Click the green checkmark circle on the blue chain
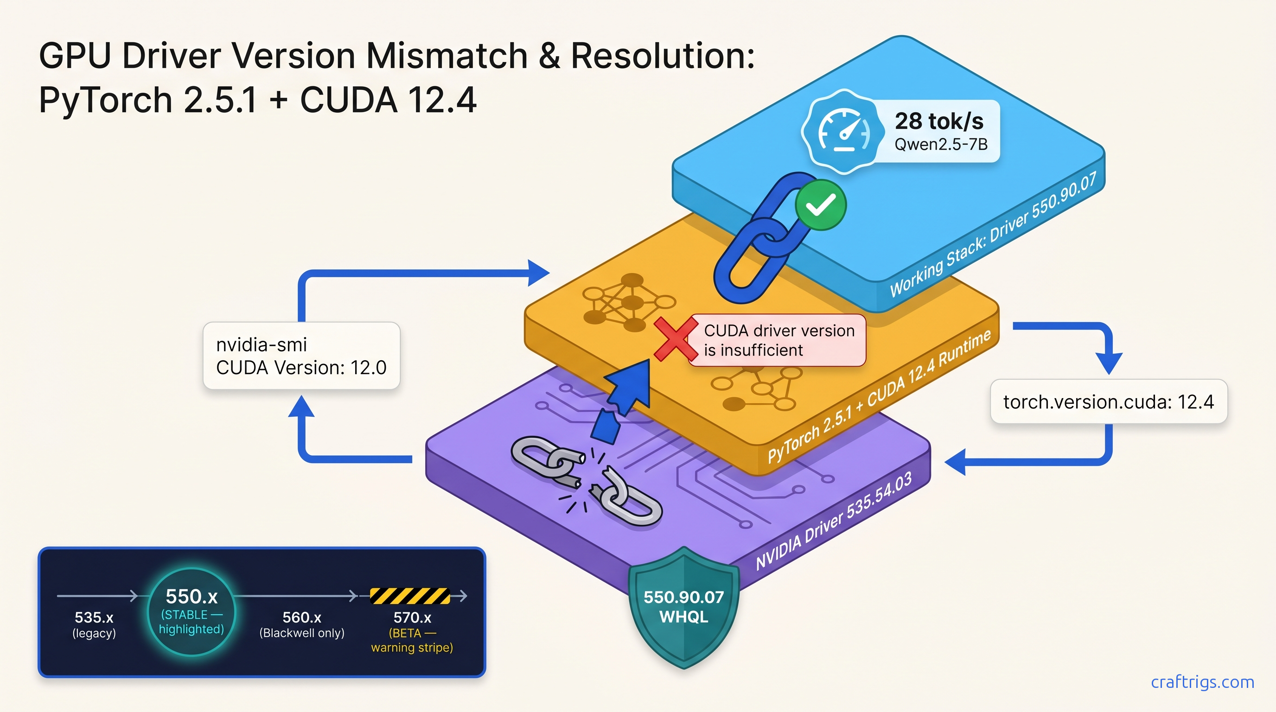pos(820,205)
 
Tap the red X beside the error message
pos(675,339)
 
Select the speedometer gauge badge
pos(843,132)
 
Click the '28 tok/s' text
pos(938,121)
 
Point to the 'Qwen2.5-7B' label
pos(941,145)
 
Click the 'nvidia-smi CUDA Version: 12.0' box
pos(301,356)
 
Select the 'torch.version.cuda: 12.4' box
pos(1108,401)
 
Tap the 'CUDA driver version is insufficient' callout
pos(778,340)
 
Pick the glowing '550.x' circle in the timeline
pos(191,611)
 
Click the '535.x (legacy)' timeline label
pos(94,624)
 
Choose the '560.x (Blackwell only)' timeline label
pos(302,624)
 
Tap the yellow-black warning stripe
pos(410,596)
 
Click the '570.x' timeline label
pos(412,617)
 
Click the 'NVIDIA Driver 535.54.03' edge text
pos(833,521)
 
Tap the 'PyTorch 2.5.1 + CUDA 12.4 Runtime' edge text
pos(879,396)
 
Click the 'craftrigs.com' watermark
pos(1202,682)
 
